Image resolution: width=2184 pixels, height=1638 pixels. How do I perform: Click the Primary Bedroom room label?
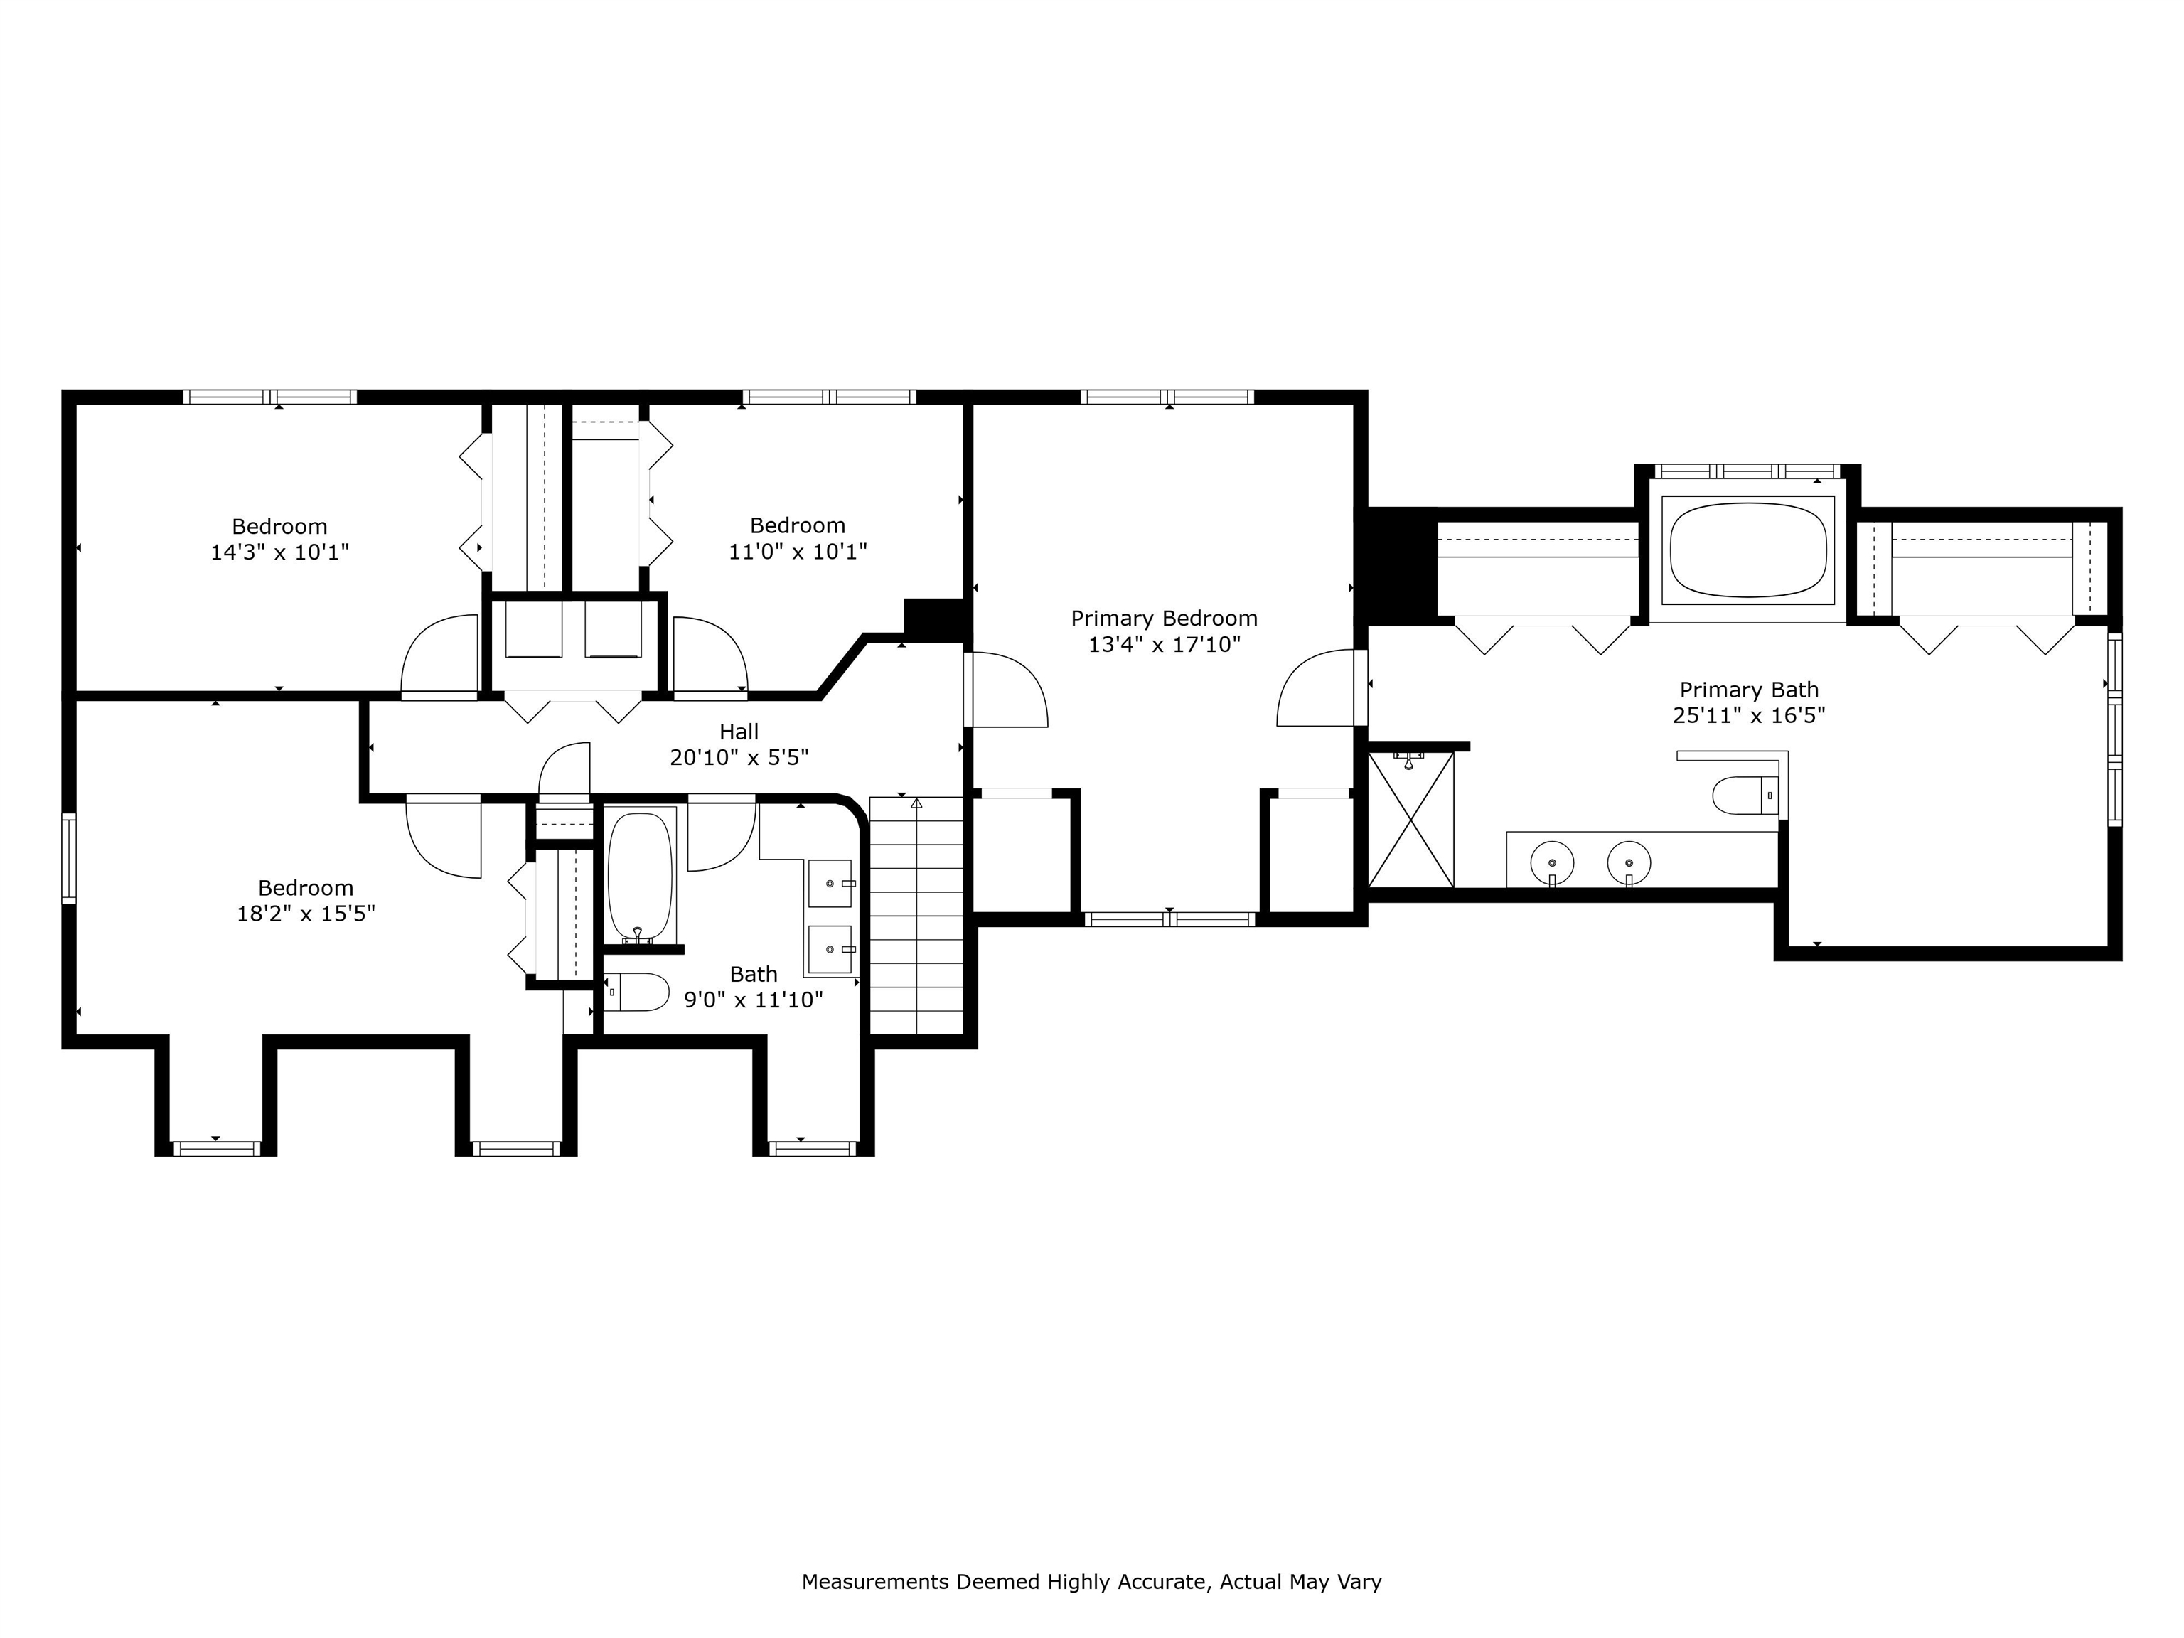(1164, 618)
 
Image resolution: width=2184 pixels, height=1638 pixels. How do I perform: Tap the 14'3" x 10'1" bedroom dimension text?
(279, 552)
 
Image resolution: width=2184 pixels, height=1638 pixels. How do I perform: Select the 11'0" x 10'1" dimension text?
(798, 551)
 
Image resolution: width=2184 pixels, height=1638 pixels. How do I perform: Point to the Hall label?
(739, 732)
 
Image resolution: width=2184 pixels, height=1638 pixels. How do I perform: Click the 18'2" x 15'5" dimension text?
(306, 914)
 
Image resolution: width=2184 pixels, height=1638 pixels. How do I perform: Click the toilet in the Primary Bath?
(1745, 795)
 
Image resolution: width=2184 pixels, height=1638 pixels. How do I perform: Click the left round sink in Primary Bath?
(1551, 862)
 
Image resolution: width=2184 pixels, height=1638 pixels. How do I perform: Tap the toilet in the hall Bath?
(637, 992)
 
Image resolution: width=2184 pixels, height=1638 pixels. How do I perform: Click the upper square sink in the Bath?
(830, 884)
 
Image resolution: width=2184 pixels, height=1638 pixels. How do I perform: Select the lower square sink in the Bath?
(830, 949)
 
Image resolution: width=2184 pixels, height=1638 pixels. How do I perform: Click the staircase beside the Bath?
(916, 915)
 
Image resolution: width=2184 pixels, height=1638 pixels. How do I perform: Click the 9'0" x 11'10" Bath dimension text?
(754, 1000)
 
